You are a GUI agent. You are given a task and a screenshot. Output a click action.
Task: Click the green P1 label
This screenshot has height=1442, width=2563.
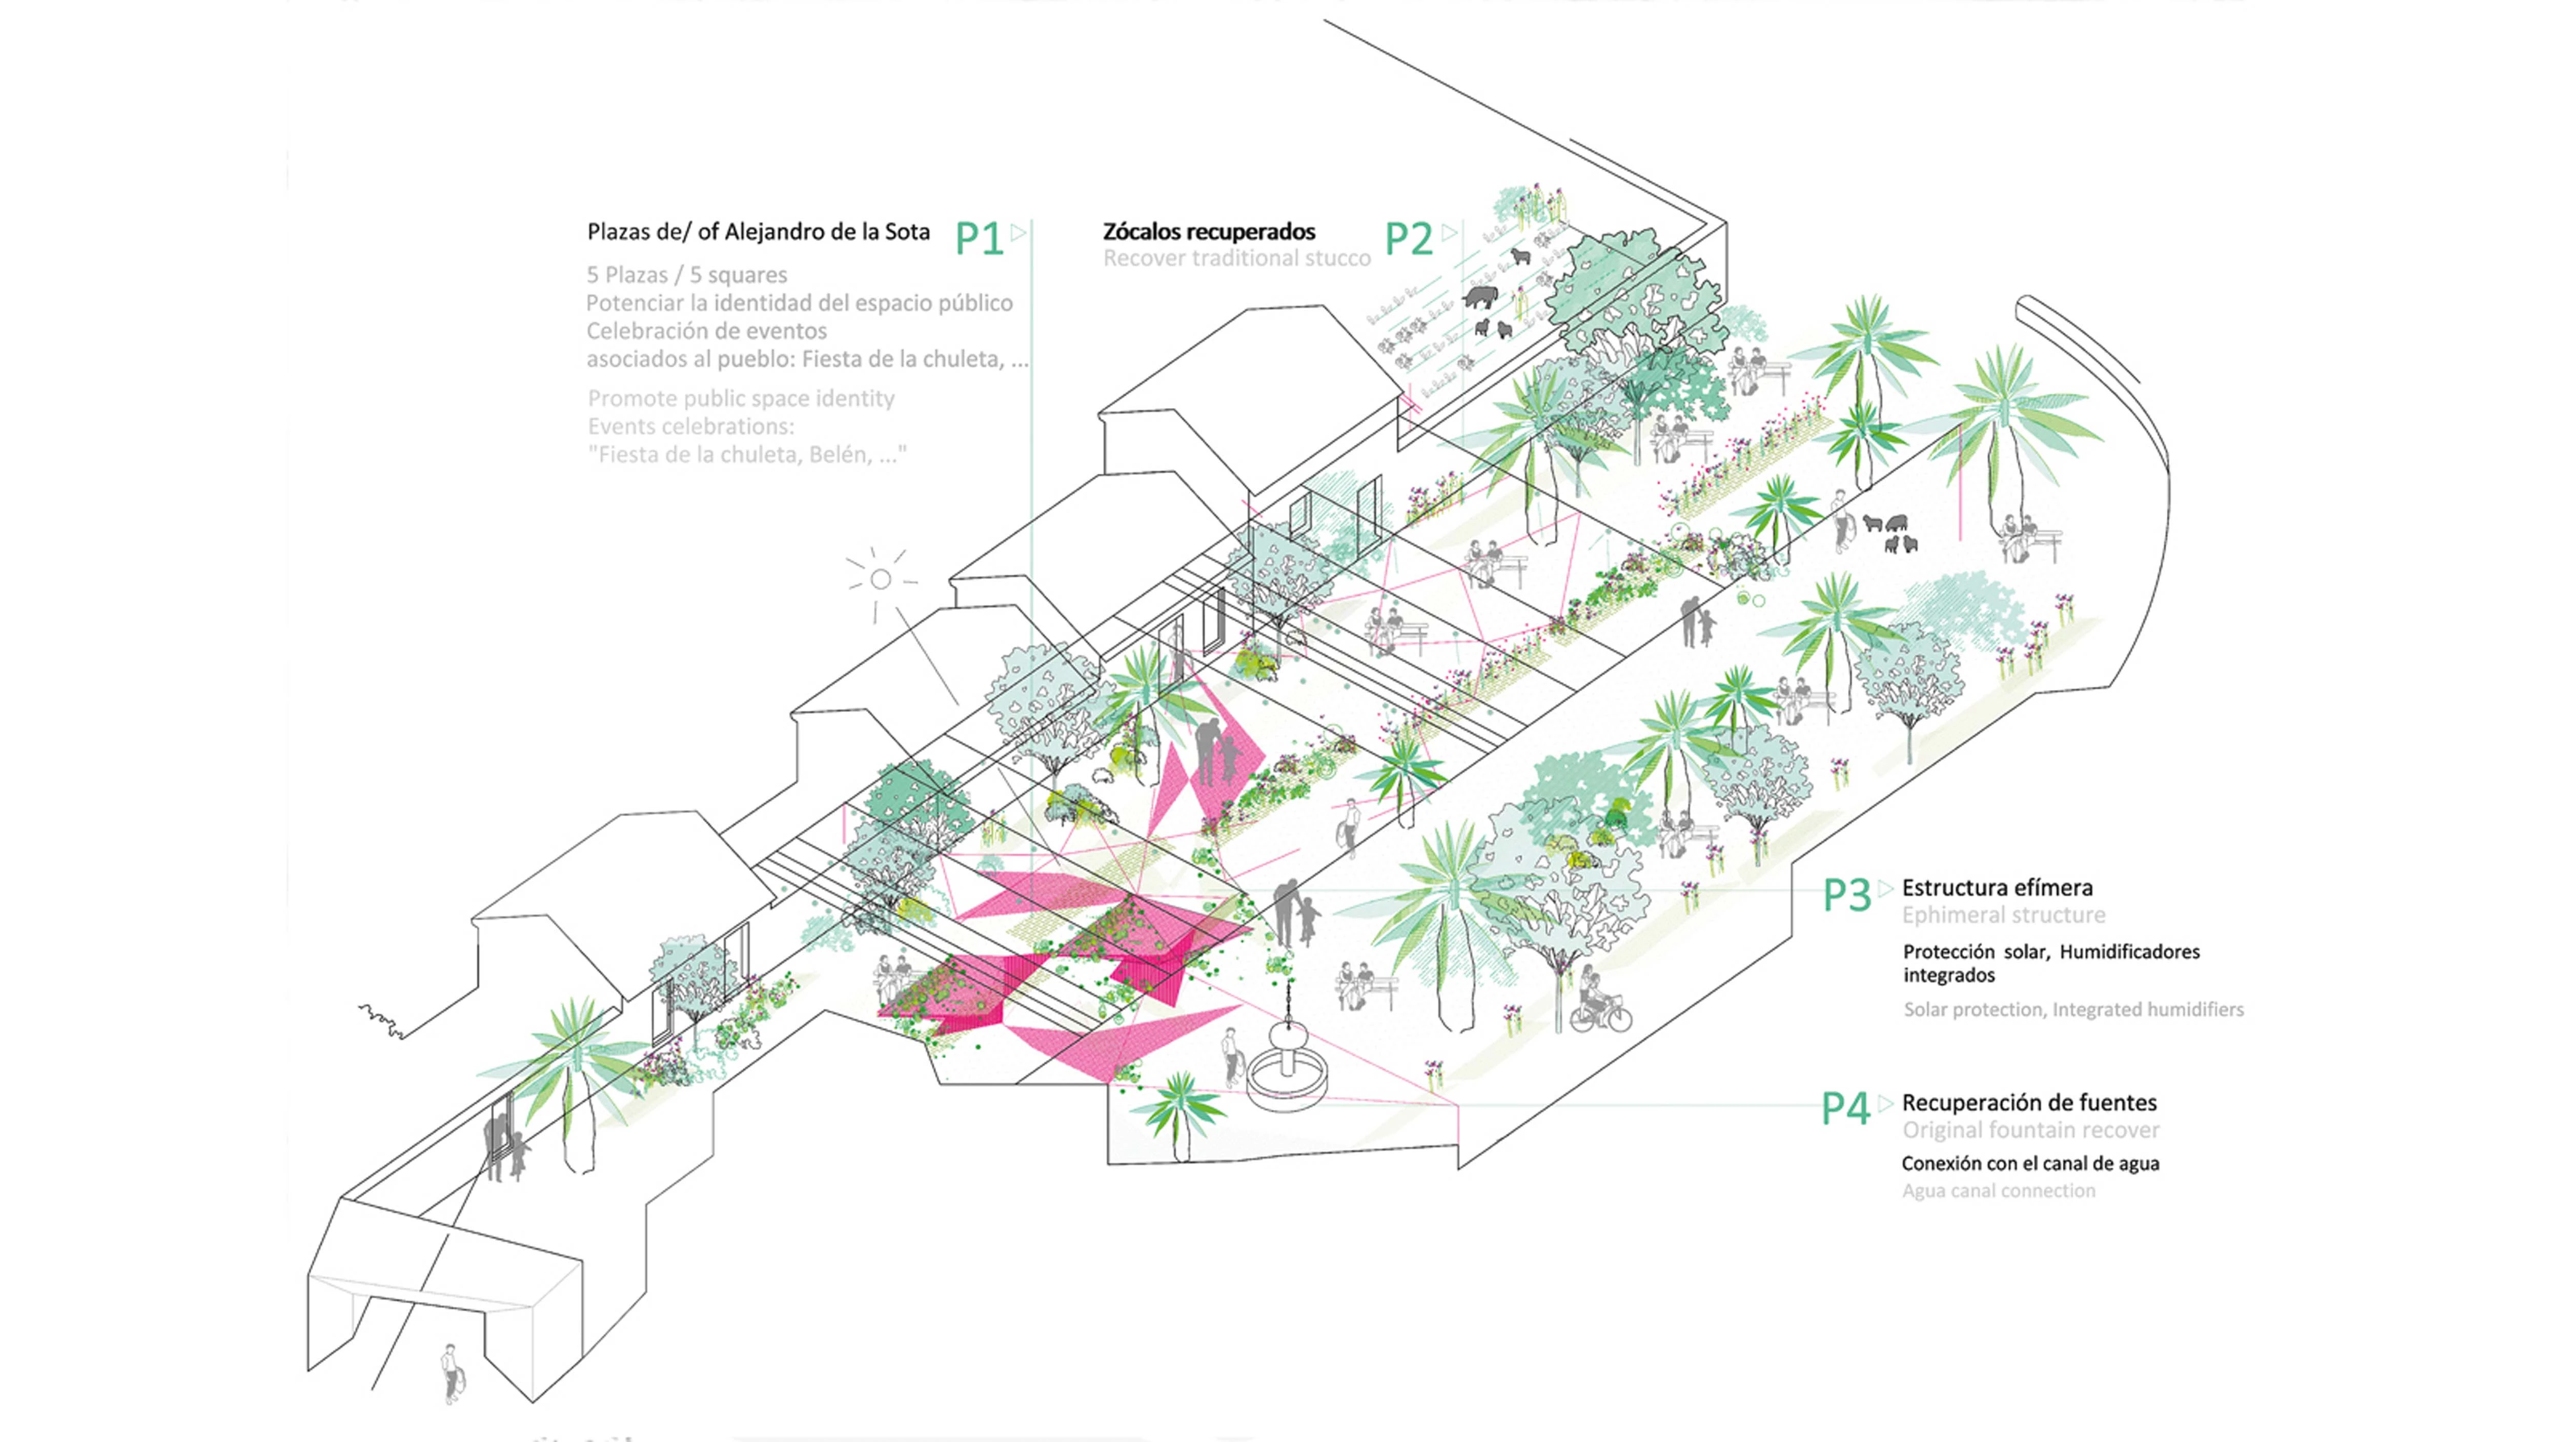979,239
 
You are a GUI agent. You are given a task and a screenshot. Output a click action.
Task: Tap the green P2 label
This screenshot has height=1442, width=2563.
1409,239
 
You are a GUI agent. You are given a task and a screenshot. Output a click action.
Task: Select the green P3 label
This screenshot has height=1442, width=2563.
1846,896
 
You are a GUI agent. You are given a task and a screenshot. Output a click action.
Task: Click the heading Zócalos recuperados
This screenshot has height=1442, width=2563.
1209,232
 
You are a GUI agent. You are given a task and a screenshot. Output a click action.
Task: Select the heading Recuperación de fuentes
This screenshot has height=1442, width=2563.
2029,1103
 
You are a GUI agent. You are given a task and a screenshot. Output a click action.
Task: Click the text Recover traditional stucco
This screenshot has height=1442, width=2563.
1237,259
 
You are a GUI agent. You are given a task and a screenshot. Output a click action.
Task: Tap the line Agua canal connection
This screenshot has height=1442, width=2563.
1998,1191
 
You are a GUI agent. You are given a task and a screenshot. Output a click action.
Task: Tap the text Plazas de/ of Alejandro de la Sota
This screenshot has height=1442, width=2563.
758,232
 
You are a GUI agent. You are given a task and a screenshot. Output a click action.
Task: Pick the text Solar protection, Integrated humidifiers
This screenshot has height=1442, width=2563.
2073,1010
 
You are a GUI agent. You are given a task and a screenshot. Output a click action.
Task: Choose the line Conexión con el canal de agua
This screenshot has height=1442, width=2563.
2030,1163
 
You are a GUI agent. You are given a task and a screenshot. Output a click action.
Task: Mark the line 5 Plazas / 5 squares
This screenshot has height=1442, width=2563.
686,275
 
